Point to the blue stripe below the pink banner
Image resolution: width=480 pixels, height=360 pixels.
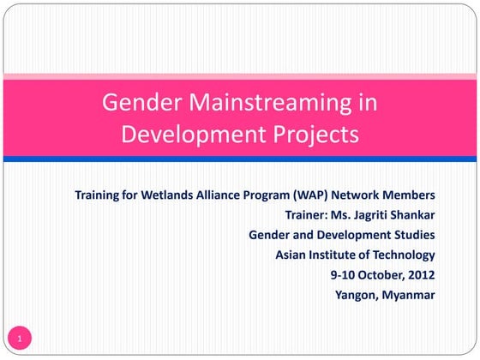[x=240, y=159]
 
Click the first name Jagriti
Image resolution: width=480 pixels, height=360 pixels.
[x=374, y=214]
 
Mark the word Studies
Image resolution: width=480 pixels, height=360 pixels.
[x=413, y=235]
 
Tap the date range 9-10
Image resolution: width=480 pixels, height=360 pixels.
[x=343, y=275]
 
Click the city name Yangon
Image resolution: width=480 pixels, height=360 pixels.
[x=356, y=296]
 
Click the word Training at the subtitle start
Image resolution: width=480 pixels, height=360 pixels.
[x=99, y=194]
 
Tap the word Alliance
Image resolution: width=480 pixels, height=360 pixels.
[x=226, y=194]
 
